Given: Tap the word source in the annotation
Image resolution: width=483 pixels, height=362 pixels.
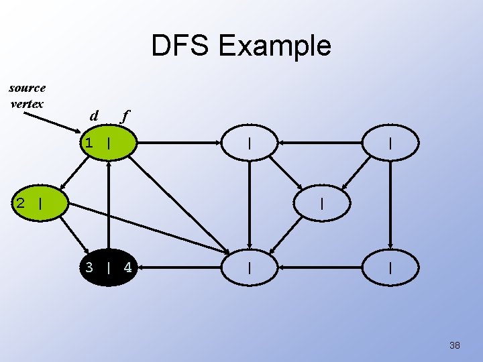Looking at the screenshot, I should pos(28,88).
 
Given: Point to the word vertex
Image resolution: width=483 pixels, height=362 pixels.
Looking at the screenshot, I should pos(28,103).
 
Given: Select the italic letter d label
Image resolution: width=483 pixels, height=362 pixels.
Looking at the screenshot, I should pos(94,116).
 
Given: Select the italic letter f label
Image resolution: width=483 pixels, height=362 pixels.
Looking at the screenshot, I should pos(123,116).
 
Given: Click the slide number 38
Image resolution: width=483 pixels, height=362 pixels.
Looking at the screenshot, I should pos(454,345).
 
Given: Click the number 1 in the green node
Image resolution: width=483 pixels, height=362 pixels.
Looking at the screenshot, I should pos(89,143).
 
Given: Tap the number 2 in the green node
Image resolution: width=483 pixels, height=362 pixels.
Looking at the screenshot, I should pos(21,202).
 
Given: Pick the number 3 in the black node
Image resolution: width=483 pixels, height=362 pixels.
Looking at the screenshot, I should pos(89,268).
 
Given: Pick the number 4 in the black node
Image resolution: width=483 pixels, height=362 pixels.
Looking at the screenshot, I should pos(127,268).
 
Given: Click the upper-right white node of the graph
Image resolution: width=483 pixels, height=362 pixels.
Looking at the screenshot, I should pos(390,143).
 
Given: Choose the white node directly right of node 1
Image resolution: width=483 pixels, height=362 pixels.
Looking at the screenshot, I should pos(250,143).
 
